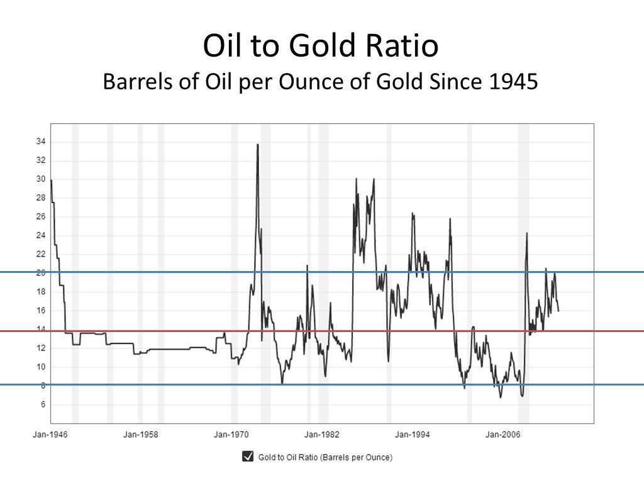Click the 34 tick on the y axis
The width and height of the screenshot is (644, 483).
(x=41, y=142)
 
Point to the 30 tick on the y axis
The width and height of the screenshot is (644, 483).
(x=41, y=179)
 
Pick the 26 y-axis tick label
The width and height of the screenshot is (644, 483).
(x=41, y=217)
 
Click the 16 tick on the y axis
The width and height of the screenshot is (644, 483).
(x=41, y=311)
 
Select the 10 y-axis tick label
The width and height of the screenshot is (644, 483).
(x=41, y=367)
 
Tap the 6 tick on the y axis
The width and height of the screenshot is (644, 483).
(x=43, y=404)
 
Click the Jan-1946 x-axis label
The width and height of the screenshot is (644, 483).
(x=50, y=435)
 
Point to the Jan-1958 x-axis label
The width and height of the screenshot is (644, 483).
(x=141, y=435)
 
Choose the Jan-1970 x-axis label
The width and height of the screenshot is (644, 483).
(x=231, y=435)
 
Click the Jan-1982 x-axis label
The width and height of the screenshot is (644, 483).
(x=322, y=435)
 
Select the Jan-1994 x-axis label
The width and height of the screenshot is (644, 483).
(x=413, y=435)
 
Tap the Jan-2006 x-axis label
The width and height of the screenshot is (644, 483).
(x=502, y=435)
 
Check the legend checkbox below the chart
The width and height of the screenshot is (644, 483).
(x=248, y=457)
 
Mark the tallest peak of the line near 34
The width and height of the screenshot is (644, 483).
(x=257, y=145)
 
